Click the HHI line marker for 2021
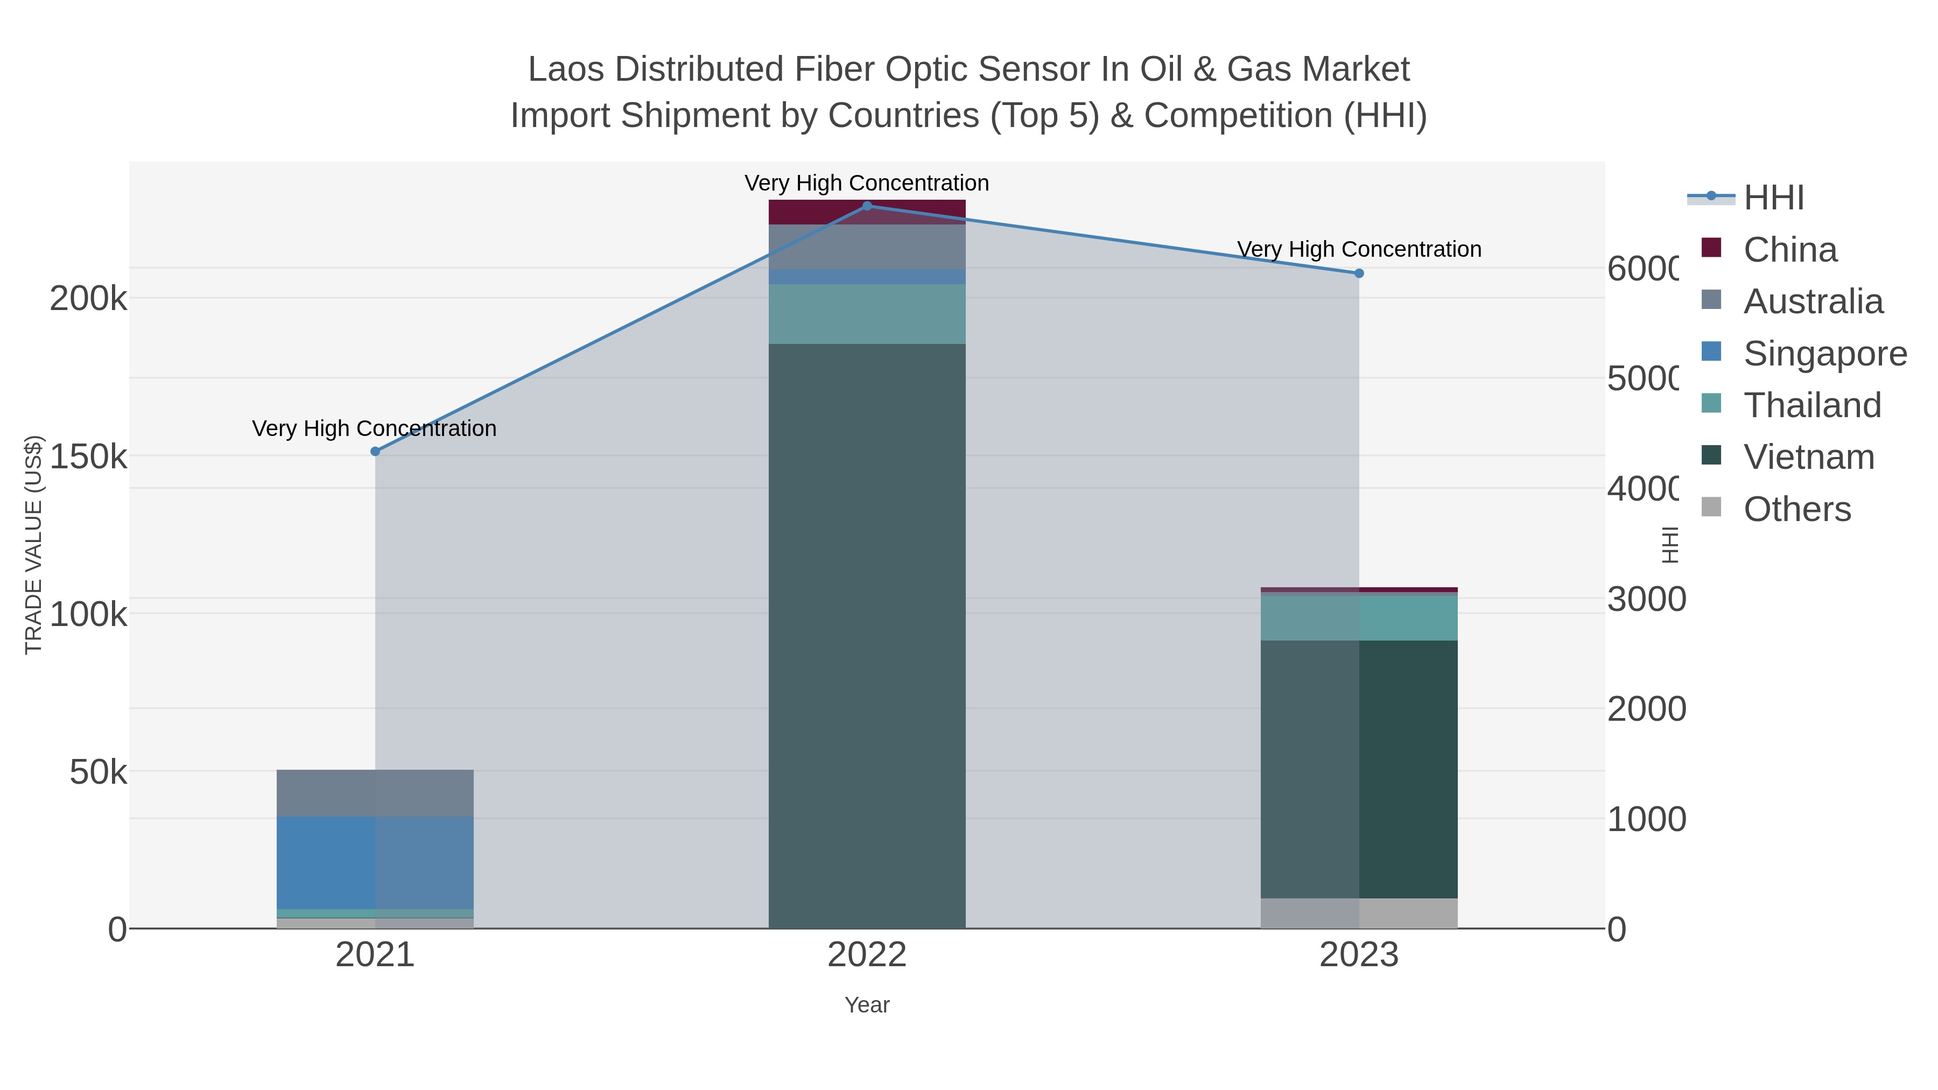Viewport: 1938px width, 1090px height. (375, 452)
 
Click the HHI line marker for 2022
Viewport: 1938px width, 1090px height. (867, 206)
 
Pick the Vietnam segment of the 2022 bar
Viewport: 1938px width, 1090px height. (867, 636)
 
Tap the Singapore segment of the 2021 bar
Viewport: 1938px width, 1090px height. (375, 862)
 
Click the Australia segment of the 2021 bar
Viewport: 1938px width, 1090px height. (375, 793)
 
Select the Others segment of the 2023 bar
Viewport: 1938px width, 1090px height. (1359, 913)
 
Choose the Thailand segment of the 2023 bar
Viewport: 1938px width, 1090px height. (1359, 617)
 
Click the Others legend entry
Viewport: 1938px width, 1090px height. (1796, 509)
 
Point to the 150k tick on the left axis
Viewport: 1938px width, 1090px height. (88, 456)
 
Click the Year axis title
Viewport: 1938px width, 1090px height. (867, 1005)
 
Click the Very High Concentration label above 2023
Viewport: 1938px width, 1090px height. (1359, 249)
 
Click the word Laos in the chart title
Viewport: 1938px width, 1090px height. (566, 69)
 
